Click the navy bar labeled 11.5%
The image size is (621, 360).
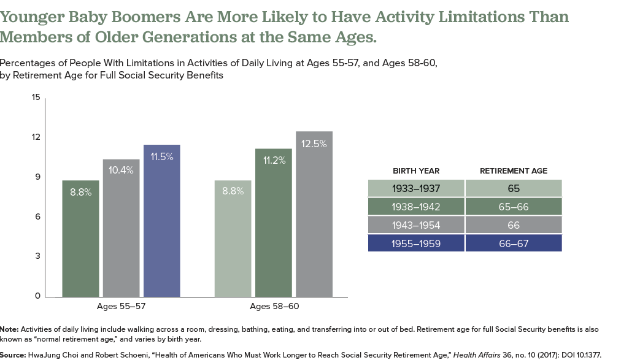(x=162, y=221)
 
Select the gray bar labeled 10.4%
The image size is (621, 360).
(x=121, y=228)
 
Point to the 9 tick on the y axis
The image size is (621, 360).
(x=37, y=177)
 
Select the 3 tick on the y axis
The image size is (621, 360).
(x=37, y=256)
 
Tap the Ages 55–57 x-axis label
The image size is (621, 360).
(x=121, y=306)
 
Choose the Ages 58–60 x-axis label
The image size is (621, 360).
(x=274, y=306)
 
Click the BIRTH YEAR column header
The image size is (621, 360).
(x=416, y=170)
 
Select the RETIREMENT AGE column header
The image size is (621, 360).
(x=514, y=170)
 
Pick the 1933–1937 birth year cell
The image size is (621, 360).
(x=416, y=188)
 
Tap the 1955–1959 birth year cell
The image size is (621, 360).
(x=416, y=243)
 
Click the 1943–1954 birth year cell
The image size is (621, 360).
(x=416, y=224)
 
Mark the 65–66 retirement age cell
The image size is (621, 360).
(x=514, y=206)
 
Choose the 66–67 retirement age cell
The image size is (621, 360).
(x=514, y=243)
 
